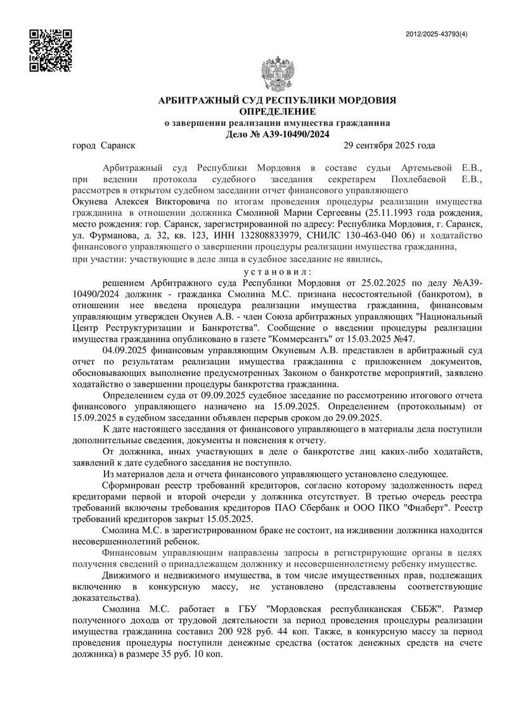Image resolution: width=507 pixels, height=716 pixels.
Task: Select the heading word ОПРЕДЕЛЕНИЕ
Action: point(277,111)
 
